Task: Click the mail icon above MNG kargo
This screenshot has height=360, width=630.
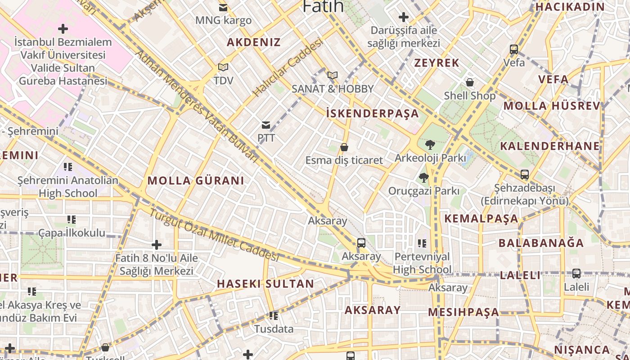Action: tap(223, 7)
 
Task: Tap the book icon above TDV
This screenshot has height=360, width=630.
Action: tap(223, 67)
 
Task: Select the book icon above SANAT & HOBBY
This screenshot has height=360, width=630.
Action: tap(333, 75)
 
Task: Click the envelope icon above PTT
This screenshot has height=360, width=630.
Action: tap(266, 125)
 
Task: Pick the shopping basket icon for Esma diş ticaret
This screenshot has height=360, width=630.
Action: tap(344, 147)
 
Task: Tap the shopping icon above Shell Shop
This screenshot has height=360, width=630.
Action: tap(470, 82)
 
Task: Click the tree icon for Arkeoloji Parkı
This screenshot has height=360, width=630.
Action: tap(430, 145)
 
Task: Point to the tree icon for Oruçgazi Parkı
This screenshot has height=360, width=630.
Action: tap(423, 178)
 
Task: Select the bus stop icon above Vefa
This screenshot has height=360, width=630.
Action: tap(514, 49)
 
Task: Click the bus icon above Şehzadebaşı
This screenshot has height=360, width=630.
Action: tap(525, 174)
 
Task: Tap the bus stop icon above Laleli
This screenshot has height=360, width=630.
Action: tap(576, 273)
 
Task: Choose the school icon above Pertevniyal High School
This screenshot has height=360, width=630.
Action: tap(422, 243)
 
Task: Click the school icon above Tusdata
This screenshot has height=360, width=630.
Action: tap(274, 316)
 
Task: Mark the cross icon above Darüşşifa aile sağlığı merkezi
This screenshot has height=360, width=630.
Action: tap(404, 17)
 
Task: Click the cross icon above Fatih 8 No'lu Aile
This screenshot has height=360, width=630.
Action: tap(157, 245)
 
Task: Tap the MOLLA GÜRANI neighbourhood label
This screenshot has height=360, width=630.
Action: tap(196, 181)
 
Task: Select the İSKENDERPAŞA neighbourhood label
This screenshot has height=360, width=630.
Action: tap(372, 113)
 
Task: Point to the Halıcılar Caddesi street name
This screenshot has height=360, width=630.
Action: tap(288, 67)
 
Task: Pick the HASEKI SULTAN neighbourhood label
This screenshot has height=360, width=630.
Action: tap(265, 284)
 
